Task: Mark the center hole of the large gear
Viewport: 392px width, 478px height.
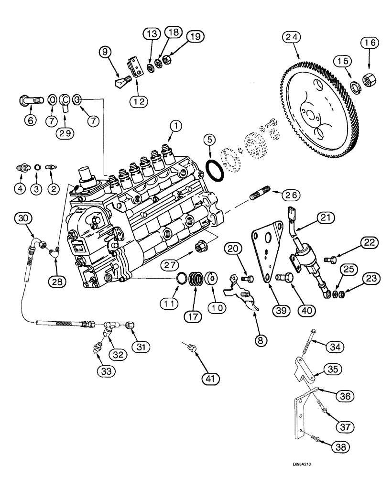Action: tap(311, 116)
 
